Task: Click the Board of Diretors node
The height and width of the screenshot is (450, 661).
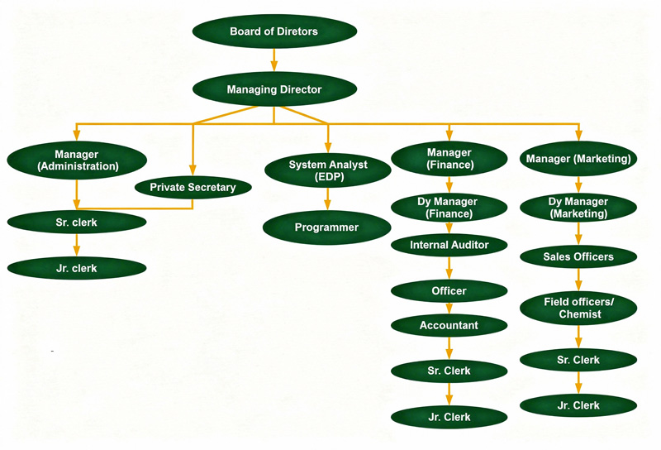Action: click(x=274, y=31)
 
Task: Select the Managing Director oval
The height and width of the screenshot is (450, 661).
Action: click(x=274, y=89)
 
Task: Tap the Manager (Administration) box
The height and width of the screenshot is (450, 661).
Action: click(x=77, y=160)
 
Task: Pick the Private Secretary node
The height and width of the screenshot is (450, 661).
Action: click(x=193, y=187)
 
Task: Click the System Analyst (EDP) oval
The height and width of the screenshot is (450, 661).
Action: click(x=328, y=170)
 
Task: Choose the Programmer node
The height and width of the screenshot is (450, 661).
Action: click(x=328, y=227)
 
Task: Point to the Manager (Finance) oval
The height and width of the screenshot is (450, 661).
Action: click(x=449, y=159)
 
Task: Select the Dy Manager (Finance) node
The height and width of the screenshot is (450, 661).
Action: click(x=449, y=208)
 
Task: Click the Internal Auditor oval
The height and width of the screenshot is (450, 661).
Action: click(x=449, y=245)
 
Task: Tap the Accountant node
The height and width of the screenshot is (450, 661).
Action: click(x=449, y=325)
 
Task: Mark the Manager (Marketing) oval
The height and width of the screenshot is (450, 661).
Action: click(x=578, y=159)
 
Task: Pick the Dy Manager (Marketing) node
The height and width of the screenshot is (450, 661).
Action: click(x=578, y=208)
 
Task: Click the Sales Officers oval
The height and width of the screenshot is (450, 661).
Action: click(x=578, y=256)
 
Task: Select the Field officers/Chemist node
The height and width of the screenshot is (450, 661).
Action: click(x=578, y=309)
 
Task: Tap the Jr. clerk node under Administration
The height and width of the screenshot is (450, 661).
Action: click(x=77, y=268)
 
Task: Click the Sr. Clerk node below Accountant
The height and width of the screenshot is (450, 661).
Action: click(x=449, y=371)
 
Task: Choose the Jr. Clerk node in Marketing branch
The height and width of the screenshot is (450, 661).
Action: click(x=578, y=405)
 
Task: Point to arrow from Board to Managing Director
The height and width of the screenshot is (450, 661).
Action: click(x=274, y=60)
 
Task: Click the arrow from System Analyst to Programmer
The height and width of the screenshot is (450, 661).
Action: click(x=328, y=199)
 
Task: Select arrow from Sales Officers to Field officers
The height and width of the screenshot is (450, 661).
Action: click(x=578, y=280)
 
